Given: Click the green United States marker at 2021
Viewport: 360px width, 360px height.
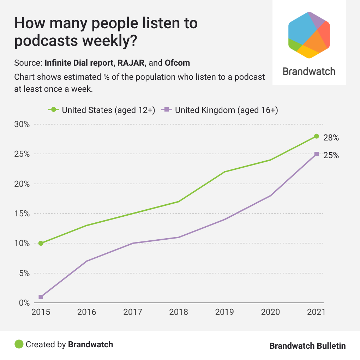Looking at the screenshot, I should [x=317, y=136].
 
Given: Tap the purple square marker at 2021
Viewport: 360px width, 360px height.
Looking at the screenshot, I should [x=317, y=154].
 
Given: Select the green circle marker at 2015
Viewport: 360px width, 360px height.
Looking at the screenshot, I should [x=41, y=243].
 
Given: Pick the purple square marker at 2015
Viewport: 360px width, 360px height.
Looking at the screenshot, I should [x=41, y=297].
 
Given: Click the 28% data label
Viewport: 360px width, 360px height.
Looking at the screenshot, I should [x=331, y=138].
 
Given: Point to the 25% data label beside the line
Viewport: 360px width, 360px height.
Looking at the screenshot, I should [x=331, y=155].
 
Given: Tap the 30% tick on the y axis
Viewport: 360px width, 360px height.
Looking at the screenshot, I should [x=22, y=125].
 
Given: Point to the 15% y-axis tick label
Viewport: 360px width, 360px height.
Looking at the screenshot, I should [x=22, y=214].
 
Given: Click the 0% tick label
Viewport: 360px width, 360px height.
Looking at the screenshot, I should [x=24, y=303].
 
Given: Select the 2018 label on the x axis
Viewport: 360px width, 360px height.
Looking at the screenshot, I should [x=179, y=312].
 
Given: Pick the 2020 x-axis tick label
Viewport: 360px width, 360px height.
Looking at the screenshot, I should [x=271, y=312].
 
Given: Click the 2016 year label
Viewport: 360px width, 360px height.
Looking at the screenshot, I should [x=87, y=312].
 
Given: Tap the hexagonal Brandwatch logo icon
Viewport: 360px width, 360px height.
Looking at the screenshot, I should [x=309, y=35].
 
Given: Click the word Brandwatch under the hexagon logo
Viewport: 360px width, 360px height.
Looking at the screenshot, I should [x=309, y=72].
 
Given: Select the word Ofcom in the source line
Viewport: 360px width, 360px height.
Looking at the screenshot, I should [x=177, y=63].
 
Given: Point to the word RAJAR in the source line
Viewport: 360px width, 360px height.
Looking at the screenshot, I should [x=136, y=63].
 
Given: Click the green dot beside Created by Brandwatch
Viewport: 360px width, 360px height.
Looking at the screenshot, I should [x=19, y=344].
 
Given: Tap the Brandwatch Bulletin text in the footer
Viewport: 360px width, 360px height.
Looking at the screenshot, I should [x=307, y=346].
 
